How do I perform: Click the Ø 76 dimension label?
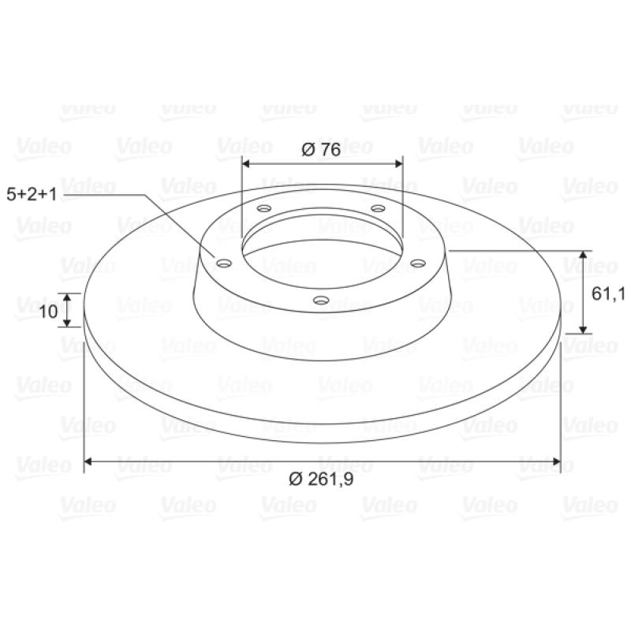pos(321,150)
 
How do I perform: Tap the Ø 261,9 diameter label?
pos(321,479)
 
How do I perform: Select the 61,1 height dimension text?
pos(607,294)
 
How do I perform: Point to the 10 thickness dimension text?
pos(48,311)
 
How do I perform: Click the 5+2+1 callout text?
pos(32,194)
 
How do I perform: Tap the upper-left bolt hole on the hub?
pos(264,208)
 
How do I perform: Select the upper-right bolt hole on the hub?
pos(378,208)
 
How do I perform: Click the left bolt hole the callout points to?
pos(224,263)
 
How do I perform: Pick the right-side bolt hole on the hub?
pos(418,263)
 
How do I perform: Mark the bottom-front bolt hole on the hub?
pos(321,300)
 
